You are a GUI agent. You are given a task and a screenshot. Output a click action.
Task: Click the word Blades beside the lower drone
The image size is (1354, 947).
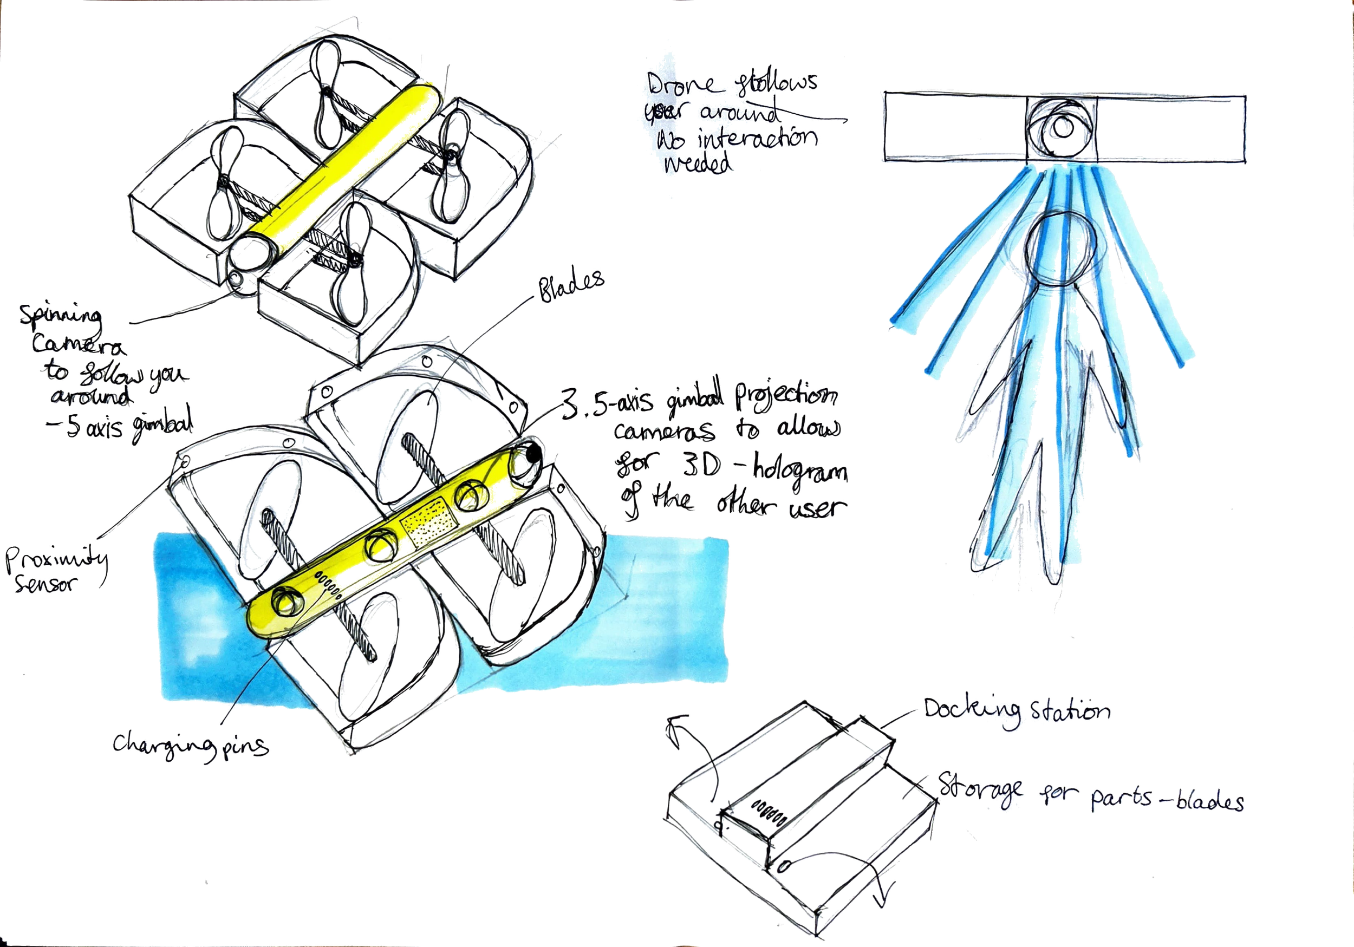(x=571, y=286)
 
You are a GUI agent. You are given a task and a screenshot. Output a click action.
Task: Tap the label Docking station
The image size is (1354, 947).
(x=1016, y=711)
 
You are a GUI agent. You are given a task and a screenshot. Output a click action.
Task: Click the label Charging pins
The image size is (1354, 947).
(x=190, y=746)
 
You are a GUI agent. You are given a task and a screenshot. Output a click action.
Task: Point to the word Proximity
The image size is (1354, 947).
(x=56, y=559)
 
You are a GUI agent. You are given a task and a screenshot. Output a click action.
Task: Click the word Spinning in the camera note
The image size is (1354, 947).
(x=60, y=315)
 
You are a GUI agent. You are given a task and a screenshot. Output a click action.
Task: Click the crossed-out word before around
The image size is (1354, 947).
(x=666, y=112)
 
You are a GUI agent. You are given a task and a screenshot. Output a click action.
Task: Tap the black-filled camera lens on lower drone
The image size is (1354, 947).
(x=532, y=453)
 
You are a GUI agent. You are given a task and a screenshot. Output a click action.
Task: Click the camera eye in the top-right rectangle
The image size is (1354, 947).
(x=1062, y=127)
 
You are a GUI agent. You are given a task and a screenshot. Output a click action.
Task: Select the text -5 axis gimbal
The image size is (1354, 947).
(x=121, y=426)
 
